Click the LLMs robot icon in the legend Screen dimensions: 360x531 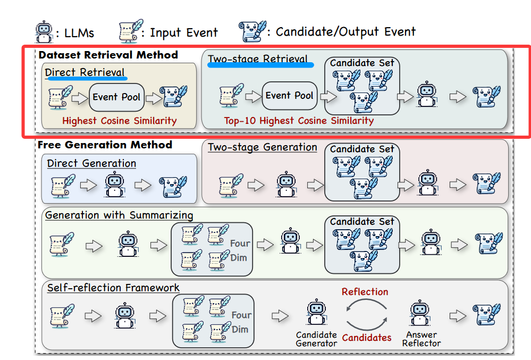pos(44,32)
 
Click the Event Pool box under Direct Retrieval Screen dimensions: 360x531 pos(116,97)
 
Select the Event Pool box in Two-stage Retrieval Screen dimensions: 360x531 pos(289,96)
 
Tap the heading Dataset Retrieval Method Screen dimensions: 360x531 pos(108,55)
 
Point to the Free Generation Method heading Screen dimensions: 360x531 pos(105,145)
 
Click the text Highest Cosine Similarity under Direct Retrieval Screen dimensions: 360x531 pos(119,121)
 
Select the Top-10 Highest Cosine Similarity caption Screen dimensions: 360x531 pos(299,121)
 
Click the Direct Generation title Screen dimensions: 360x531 pos(91,163)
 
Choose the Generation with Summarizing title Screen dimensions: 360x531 pos(119,215)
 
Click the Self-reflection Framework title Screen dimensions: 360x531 pos(113,288)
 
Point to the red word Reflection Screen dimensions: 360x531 pos(365,292)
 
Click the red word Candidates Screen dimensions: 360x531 pos(367,338)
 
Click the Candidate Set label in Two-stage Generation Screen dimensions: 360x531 pos(362,149)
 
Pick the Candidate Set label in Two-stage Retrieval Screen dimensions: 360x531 pos(362,63)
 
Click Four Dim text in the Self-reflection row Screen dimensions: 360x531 pos(241,322)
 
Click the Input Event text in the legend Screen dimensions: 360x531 pos(184,32)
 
